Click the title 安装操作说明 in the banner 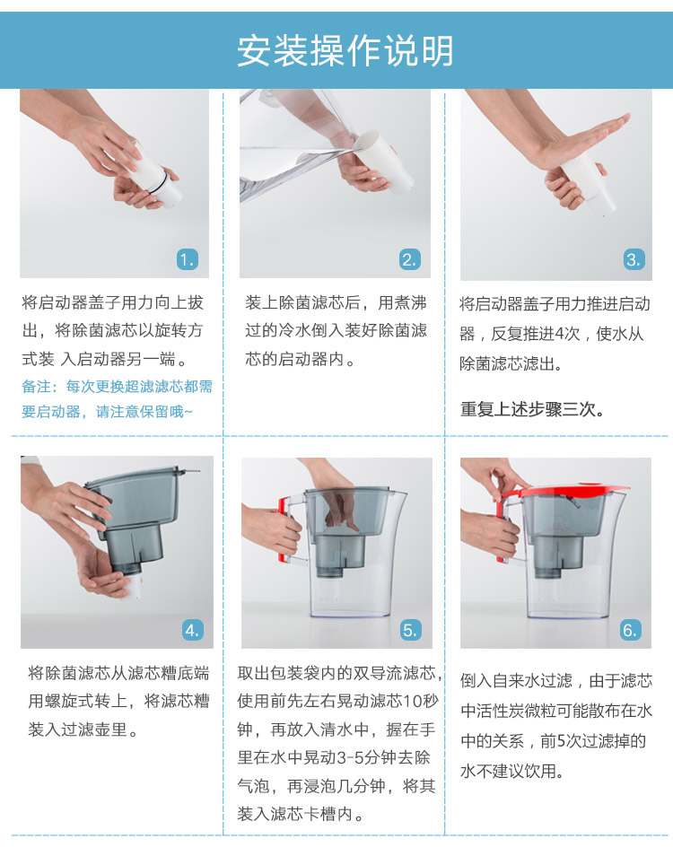coord(345,51)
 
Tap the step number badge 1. coord(188,259)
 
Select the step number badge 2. coord(409,259)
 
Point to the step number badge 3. coord(634,259)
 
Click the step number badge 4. coord(192,630)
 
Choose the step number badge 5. coord(410,630)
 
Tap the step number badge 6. coord(631,630)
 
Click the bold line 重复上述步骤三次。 coord(532,409)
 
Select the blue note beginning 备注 coord(117,398)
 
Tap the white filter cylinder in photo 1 coord(153,172)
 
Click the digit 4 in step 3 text coord(559,334)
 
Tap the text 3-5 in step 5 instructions coord(348,757)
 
